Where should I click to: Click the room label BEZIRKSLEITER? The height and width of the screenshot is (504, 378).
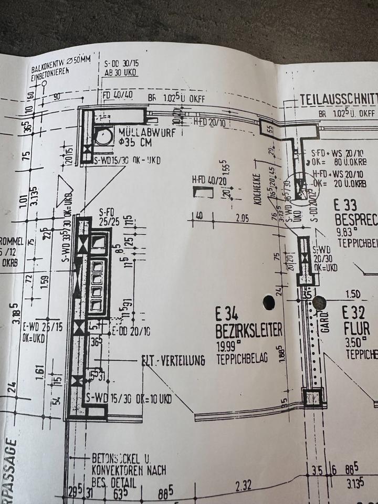click(249, 330)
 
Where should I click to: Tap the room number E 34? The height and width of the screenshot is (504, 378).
click(227, 314)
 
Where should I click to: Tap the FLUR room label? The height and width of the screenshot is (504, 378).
click(356, 329)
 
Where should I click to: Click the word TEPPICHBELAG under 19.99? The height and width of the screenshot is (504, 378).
click(241, 359)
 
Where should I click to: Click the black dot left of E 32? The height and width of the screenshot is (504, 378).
click(319, 302)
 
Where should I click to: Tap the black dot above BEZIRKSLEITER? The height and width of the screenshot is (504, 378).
click(269, 302)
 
